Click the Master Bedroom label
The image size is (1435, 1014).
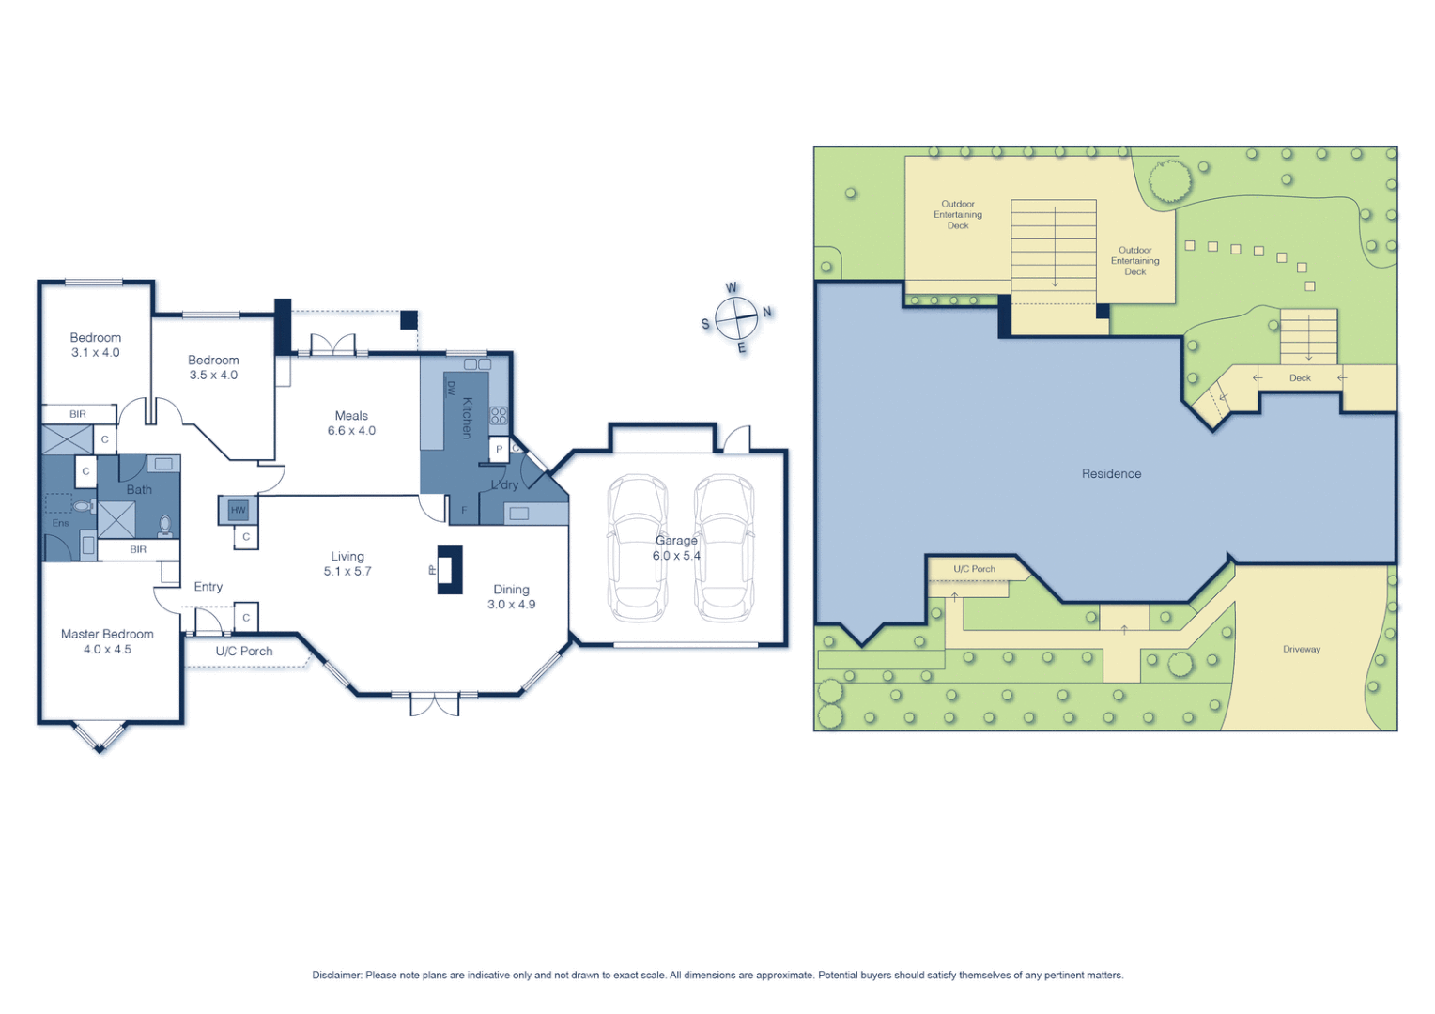pos(107,635)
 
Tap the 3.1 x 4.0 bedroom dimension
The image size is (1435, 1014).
pos(96,353)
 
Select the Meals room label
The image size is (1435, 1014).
pos(351,416)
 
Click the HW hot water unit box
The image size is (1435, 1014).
pos(239,510)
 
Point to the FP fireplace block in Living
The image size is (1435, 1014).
pos(450,570)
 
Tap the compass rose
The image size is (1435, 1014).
pos(736,319)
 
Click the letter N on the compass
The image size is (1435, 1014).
pos(767,312)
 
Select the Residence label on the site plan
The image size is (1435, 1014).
pos(1111,474)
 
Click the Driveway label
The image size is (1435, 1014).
pos(1301,650)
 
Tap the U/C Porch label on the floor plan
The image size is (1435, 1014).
pos(244,652)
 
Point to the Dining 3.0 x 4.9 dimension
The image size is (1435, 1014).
pos(511,605)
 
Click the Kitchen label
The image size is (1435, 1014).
pos(467,418)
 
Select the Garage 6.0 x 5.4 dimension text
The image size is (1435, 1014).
pos(676,556)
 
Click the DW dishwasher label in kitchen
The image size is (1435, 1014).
pos(451,388)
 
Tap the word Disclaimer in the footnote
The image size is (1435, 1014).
pos(337,976)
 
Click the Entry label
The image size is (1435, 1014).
pos(208,587)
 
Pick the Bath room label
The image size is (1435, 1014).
pos(139,490)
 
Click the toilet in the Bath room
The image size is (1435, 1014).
pos(165,524)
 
